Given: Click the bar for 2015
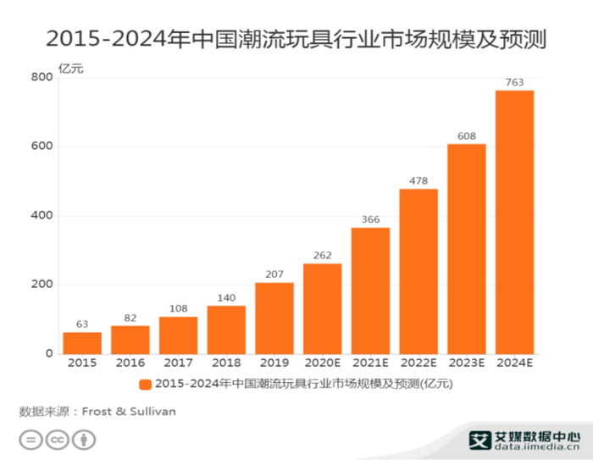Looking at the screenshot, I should click(81, 343).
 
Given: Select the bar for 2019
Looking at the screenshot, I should click(274, 319).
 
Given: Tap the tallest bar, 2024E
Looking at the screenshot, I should click(514, 222).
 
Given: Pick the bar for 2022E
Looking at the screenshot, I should click(418, 271).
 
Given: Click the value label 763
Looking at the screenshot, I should click(514, 82).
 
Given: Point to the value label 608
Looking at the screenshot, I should click(466, 136).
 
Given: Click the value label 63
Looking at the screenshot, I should click(81, 324).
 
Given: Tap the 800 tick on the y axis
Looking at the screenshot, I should click(42, 78).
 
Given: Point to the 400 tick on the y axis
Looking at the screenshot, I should click(42, 216).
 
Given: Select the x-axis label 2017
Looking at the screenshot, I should click(178, 364).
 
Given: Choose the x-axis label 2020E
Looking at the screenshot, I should click(322, 364).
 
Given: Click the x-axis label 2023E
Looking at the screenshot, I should click(466, 364).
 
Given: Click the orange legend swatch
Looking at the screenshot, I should click(146, 384).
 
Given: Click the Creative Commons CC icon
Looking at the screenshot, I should click(57, 440).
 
